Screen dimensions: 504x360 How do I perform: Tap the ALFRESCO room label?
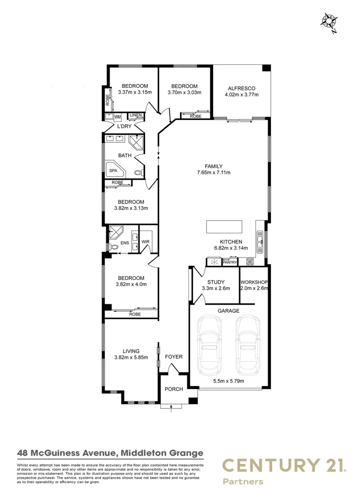(241, 88)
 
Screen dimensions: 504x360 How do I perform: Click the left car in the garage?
(208, 344)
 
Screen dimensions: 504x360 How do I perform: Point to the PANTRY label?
(230, 263)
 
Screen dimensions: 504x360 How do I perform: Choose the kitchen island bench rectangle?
(224, 226)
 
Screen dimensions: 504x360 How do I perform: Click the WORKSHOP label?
(254, 282)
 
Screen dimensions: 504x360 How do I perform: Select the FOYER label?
(174, 357)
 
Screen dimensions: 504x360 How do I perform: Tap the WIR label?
(145, 242)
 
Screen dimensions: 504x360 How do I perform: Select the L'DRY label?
(124, 126)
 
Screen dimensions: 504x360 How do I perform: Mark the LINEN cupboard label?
(135, 115)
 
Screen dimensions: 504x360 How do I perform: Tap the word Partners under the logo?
(242, 482)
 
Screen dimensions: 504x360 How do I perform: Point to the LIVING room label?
(131, 351)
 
